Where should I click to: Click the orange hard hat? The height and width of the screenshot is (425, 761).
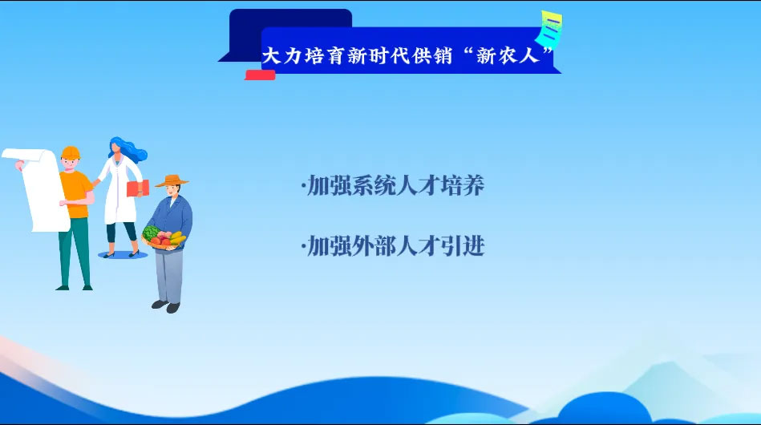pos(71,152)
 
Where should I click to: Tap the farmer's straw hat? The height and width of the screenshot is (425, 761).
pos(172,181)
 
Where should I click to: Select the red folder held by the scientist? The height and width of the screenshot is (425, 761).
pos(138,188)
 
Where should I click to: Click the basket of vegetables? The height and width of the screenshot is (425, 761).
pos(164,237)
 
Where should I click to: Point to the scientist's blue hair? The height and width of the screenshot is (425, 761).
pos(128,148)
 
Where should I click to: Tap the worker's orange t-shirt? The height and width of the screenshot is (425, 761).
pos(76,194)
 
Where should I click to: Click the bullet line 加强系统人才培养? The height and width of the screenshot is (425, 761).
pos(393,185)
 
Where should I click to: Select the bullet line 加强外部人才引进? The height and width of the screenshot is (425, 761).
pos(393,246)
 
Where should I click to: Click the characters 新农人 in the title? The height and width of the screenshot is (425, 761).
pos(508,56)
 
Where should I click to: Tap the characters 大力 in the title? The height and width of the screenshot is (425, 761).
pos(282,56)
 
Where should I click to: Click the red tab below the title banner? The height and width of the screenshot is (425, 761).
pos(260,75)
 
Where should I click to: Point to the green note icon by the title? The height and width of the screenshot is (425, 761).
pos(549,28)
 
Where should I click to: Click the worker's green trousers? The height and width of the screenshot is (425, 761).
pos(75,252)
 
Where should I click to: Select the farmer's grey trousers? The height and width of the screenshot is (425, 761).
pos(169,276)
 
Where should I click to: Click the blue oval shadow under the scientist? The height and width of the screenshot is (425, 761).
pos(123,255)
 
